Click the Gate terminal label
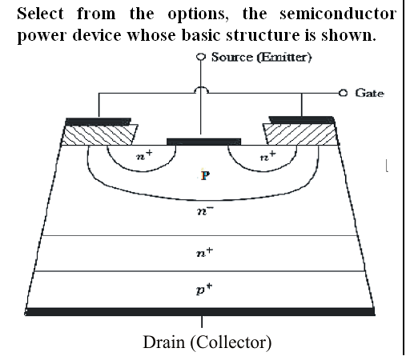[369, 93]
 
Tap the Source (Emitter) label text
[261, 57]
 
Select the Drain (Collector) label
[207, 342]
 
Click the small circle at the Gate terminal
[343, 93]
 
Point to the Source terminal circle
[201, 57]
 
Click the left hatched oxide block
[99, 134]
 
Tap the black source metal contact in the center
[203, 142]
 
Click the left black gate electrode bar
[98, 122]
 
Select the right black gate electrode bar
[301, 120]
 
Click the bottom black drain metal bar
[200, 311]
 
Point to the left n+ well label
[144, 155]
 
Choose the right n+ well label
[268, 155]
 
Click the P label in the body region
[205, 175]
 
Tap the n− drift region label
[205, 210]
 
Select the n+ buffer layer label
[205, 251]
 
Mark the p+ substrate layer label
[204, 290]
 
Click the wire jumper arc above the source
[201, 90]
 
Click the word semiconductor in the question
[338, 14]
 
